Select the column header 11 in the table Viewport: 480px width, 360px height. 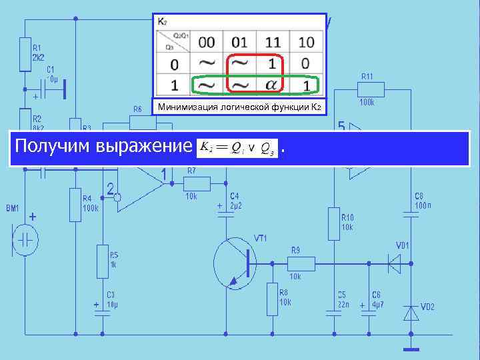click(273, 42)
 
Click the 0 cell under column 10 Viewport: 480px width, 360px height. click(305, 65)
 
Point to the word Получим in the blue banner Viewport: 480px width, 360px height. click(53, 147)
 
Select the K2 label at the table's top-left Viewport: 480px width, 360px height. click(163, 22)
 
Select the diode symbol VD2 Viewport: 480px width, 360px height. click(411, 312)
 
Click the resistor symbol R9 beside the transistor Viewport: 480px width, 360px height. click(299, 263)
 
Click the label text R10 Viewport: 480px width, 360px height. click(347, 217)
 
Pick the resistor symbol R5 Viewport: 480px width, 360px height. click(102, 259)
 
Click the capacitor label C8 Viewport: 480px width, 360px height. click(419, 196)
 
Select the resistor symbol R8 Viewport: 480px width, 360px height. click(272, 299)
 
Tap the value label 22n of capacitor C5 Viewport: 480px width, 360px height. click(341, 305)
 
